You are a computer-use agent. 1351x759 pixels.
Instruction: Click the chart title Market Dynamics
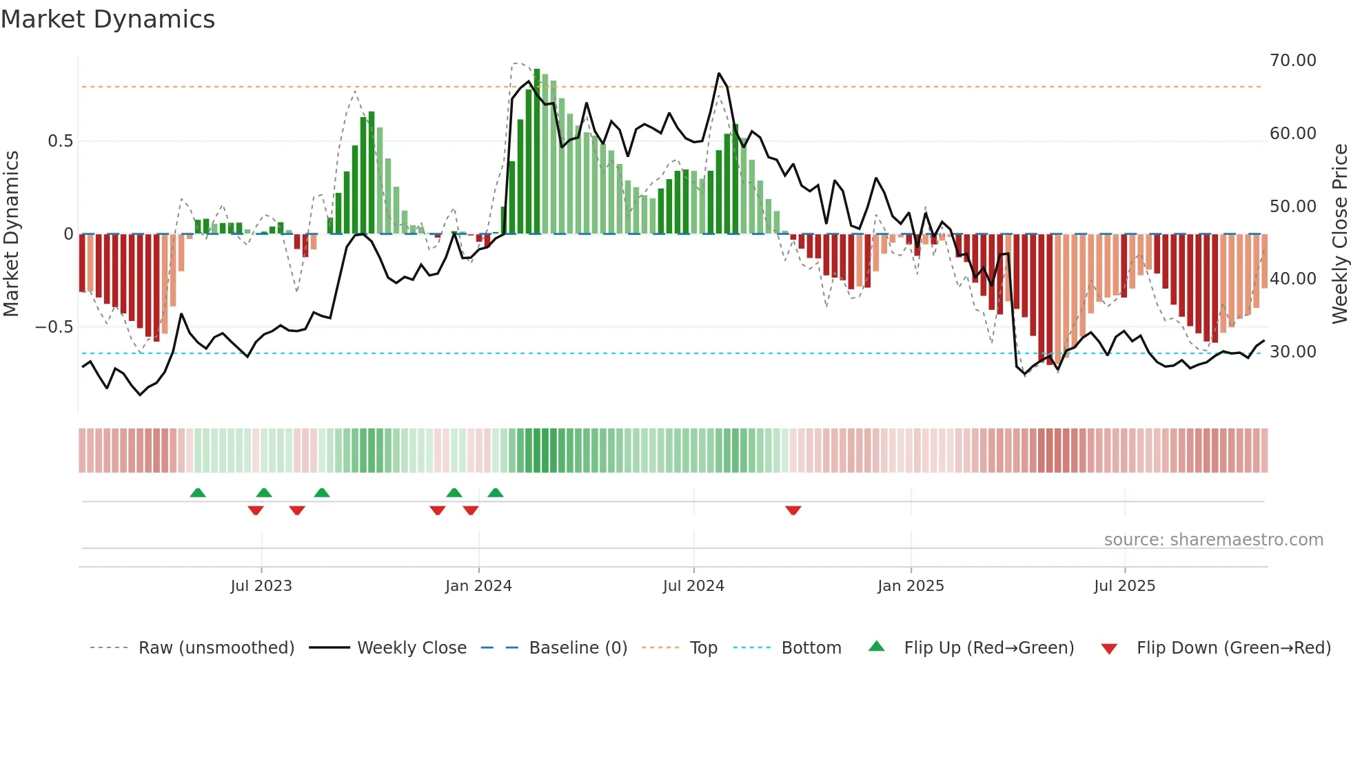tap(108, 19)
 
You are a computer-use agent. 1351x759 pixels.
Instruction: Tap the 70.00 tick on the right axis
tap(1292, 61)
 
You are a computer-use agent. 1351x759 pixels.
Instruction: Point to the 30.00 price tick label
tap(1292, 352)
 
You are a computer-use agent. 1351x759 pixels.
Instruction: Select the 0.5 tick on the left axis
tap(60, 141)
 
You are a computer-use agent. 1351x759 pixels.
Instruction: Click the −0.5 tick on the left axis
tap(54, 327)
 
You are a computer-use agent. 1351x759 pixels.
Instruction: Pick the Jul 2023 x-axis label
tap(261, 586)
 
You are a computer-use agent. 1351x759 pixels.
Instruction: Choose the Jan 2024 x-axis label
tap(478, 586)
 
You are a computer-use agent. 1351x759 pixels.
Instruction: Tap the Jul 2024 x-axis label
tap(693, 586)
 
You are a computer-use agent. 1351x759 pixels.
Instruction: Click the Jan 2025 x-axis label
tap(911, 586)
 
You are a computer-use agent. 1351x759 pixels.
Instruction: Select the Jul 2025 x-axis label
tap(1124, 586)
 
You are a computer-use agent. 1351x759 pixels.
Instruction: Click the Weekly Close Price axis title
tap(1339, 234)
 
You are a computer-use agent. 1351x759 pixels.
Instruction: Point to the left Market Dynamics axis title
tap(11, 234)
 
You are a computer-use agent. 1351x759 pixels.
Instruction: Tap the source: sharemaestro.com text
tap(1213, 540)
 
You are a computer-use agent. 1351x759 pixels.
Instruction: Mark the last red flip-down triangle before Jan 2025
tap(793, 510)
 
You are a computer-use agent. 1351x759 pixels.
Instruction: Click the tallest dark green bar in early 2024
tap(537, 152)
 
